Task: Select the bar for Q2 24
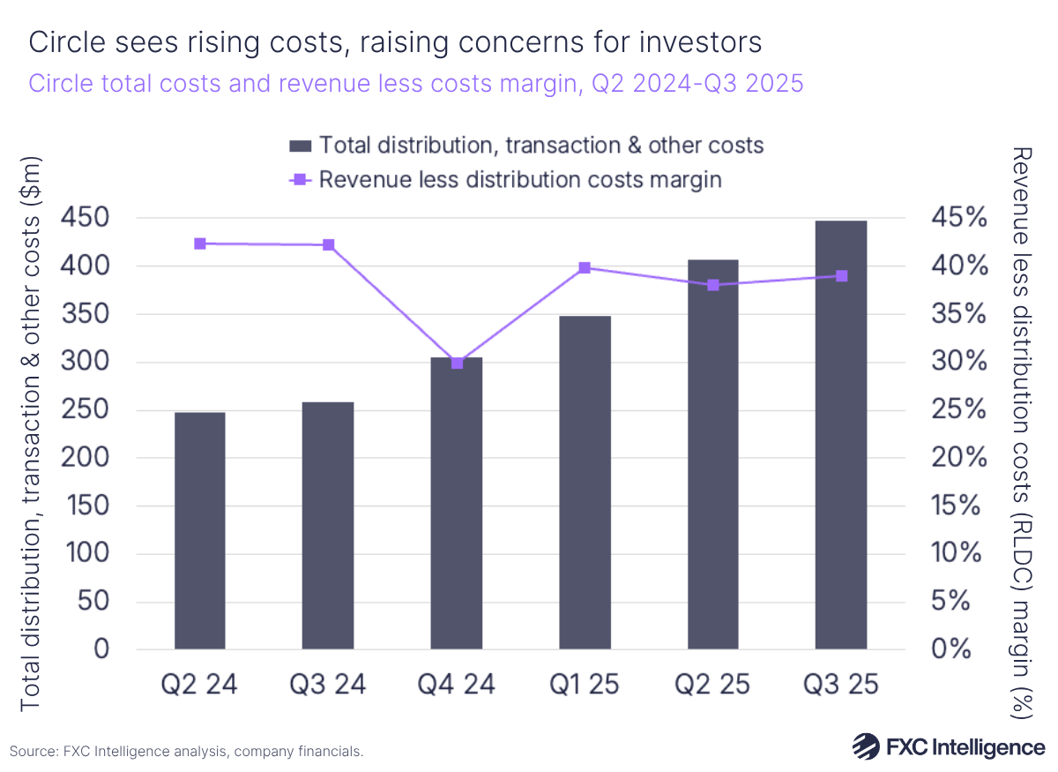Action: coord(199,530)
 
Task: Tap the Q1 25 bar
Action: coord(585,483)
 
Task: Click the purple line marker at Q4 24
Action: coord(457,363)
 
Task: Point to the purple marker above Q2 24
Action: coord(200,244)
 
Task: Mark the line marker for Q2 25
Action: coord(712,285)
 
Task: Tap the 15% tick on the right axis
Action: coord(957,506)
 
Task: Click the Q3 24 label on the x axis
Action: coord(328,684)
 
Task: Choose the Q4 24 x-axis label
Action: coord(456,684)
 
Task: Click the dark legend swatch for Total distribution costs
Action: coord(300,145)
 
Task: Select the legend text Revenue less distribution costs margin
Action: coord(520,179)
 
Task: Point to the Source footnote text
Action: coord(187,752)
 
